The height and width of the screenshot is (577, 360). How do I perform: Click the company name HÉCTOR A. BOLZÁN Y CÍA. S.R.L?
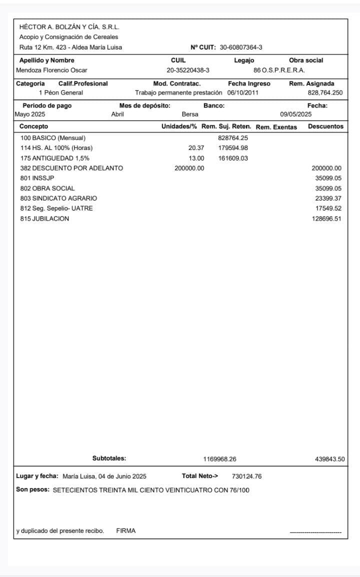(69, 27)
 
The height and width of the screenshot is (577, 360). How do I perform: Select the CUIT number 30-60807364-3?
(241, 47)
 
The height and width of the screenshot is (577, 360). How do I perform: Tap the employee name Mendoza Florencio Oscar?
(51, 70)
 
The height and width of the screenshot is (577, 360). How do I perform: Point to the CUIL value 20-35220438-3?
(188, 70)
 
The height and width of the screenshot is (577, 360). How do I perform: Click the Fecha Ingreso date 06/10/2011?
(242, 92)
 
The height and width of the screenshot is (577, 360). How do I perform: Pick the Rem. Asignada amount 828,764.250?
(325, 92)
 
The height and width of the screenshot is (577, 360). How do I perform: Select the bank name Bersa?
(190, 114)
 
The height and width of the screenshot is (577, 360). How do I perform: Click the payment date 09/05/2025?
(295, 114)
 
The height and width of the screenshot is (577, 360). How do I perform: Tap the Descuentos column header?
(325, 126)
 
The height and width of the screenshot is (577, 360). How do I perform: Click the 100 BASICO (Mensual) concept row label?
(53, 137)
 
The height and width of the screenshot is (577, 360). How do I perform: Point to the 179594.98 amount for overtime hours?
(233, 147)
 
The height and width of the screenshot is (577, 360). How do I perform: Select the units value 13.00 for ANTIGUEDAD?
(196, 158)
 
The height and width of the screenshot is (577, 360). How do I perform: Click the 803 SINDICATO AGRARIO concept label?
(58, 198)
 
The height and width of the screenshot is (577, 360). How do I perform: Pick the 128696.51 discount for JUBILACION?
(326, 219)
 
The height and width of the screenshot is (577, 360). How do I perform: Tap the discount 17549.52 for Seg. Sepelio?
(328, 208)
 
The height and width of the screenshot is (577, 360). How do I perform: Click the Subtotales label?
(109, 458)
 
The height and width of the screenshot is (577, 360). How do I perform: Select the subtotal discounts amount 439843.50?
(329, 458)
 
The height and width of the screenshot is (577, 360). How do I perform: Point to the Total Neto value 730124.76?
(246, 476)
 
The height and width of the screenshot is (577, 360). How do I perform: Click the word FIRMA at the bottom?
(125, 531)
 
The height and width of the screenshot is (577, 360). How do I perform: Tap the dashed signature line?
(315, 532)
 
